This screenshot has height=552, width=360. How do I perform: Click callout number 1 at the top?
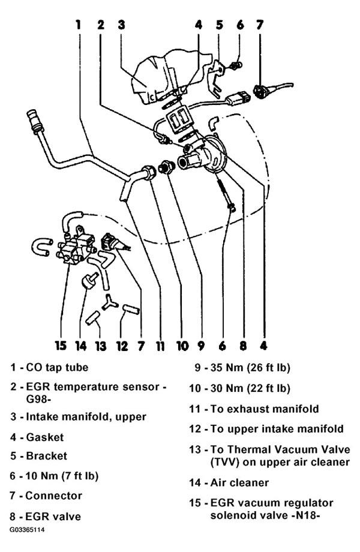(78, 25)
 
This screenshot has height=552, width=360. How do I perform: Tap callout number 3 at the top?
(121, 25)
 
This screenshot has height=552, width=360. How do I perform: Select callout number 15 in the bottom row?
(61, 346)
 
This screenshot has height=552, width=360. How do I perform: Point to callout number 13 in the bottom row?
(101, 346)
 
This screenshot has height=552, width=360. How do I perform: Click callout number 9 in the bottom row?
(201, 346)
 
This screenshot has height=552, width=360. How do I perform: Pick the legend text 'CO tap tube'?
(57, 367)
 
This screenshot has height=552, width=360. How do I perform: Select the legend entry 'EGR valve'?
(53, 517)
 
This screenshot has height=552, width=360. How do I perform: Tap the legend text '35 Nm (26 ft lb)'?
(250, 368)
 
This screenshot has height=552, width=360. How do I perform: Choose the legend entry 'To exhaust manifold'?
(265, 409)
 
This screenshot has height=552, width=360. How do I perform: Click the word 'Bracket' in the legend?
(46, 456)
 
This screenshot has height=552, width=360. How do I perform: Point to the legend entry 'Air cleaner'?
(239, 482)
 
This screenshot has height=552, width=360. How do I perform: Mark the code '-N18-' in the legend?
(305, 515)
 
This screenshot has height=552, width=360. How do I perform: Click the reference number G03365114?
(27, 529)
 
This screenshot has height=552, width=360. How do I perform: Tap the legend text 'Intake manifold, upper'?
(86, 417)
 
